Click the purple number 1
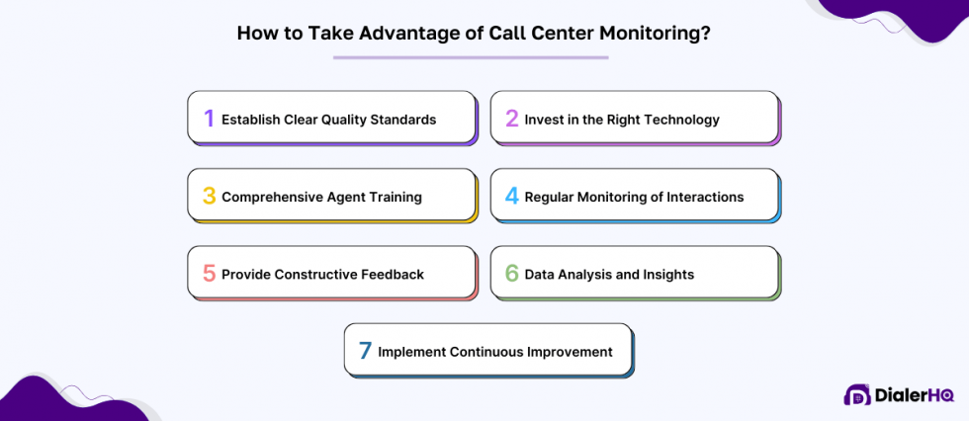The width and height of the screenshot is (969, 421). point(209,119)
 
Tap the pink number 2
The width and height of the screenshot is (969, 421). point(512,119)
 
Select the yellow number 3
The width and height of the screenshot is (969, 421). point(209,196)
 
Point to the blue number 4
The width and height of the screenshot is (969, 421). point(512,196)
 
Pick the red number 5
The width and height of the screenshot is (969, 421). point(209,274)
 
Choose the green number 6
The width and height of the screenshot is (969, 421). point(512,274)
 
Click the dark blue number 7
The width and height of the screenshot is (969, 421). point(365,351)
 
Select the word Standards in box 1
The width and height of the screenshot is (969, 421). point(400,120)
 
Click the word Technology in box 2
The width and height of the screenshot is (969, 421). point(683,120)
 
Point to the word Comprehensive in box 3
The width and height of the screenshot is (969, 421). point(271,197)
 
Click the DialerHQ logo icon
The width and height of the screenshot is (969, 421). point(856,395)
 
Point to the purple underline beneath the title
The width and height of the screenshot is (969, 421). point(471,57)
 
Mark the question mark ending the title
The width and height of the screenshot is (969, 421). point(706,33)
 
